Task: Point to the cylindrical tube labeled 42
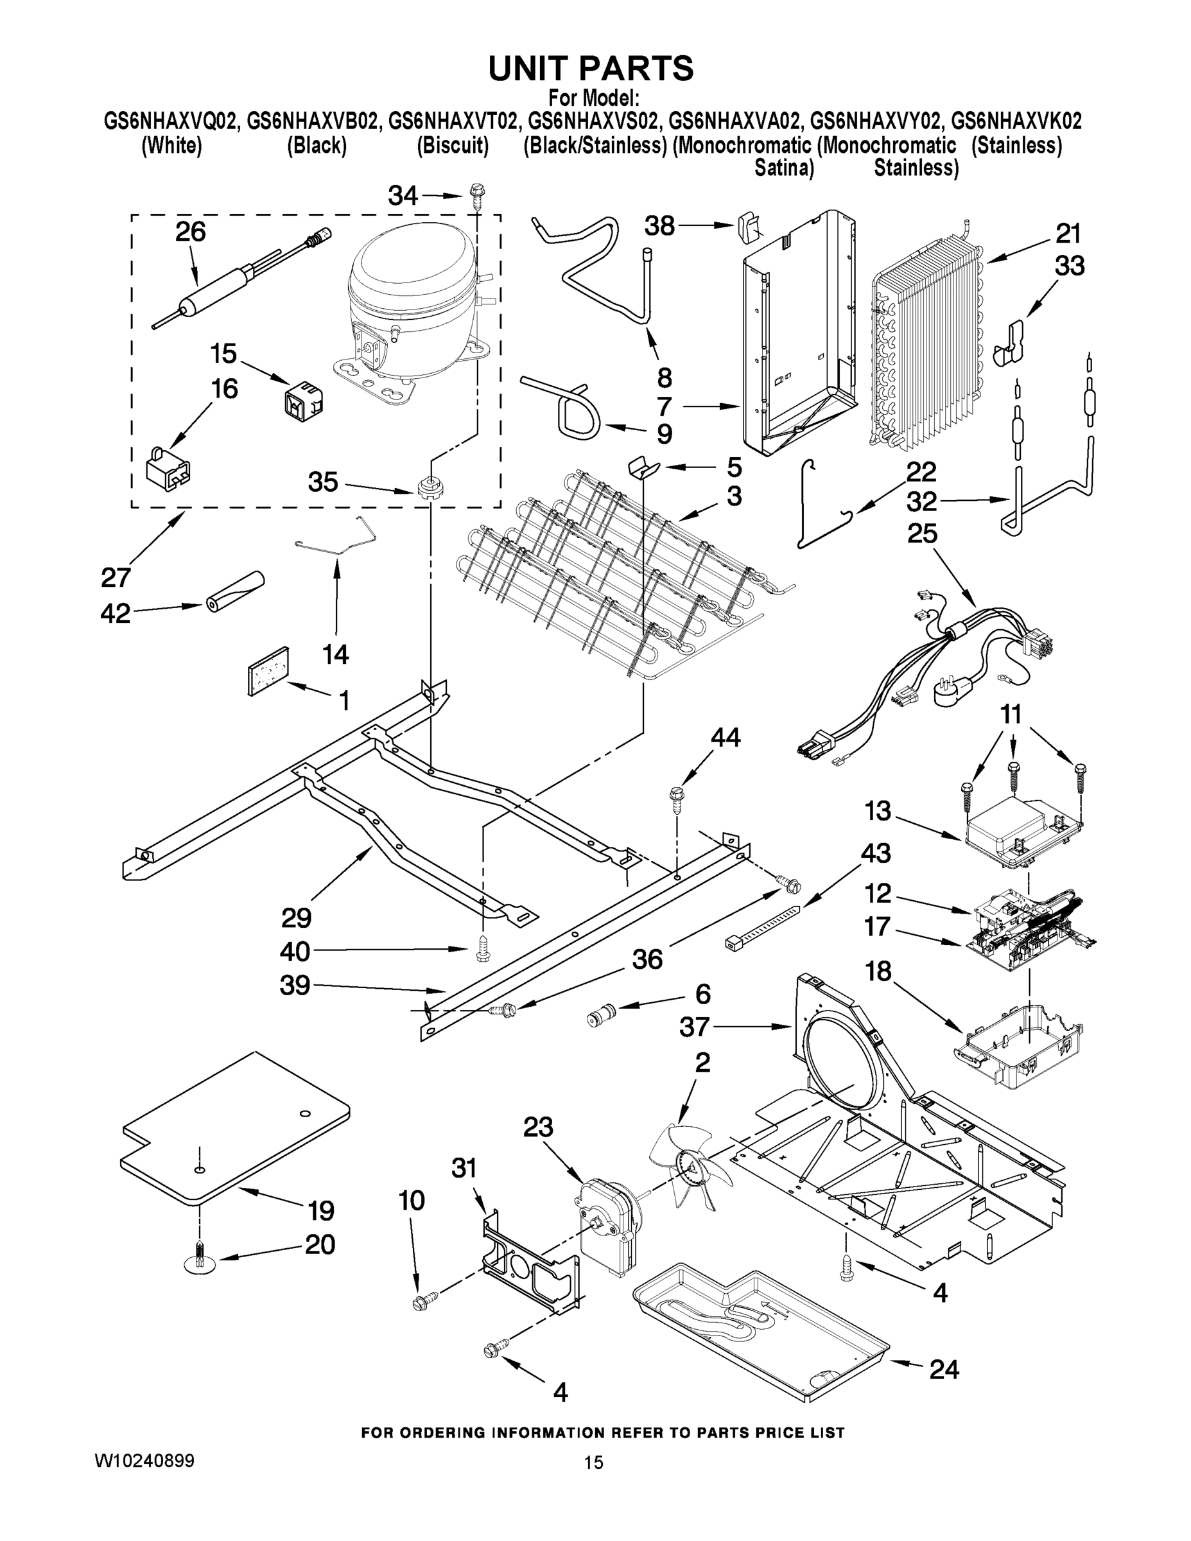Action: [x=234, y=592]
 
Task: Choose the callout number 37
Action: [x=694, y=1027]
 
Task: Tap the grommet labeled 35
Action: [x=426, y=487]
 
